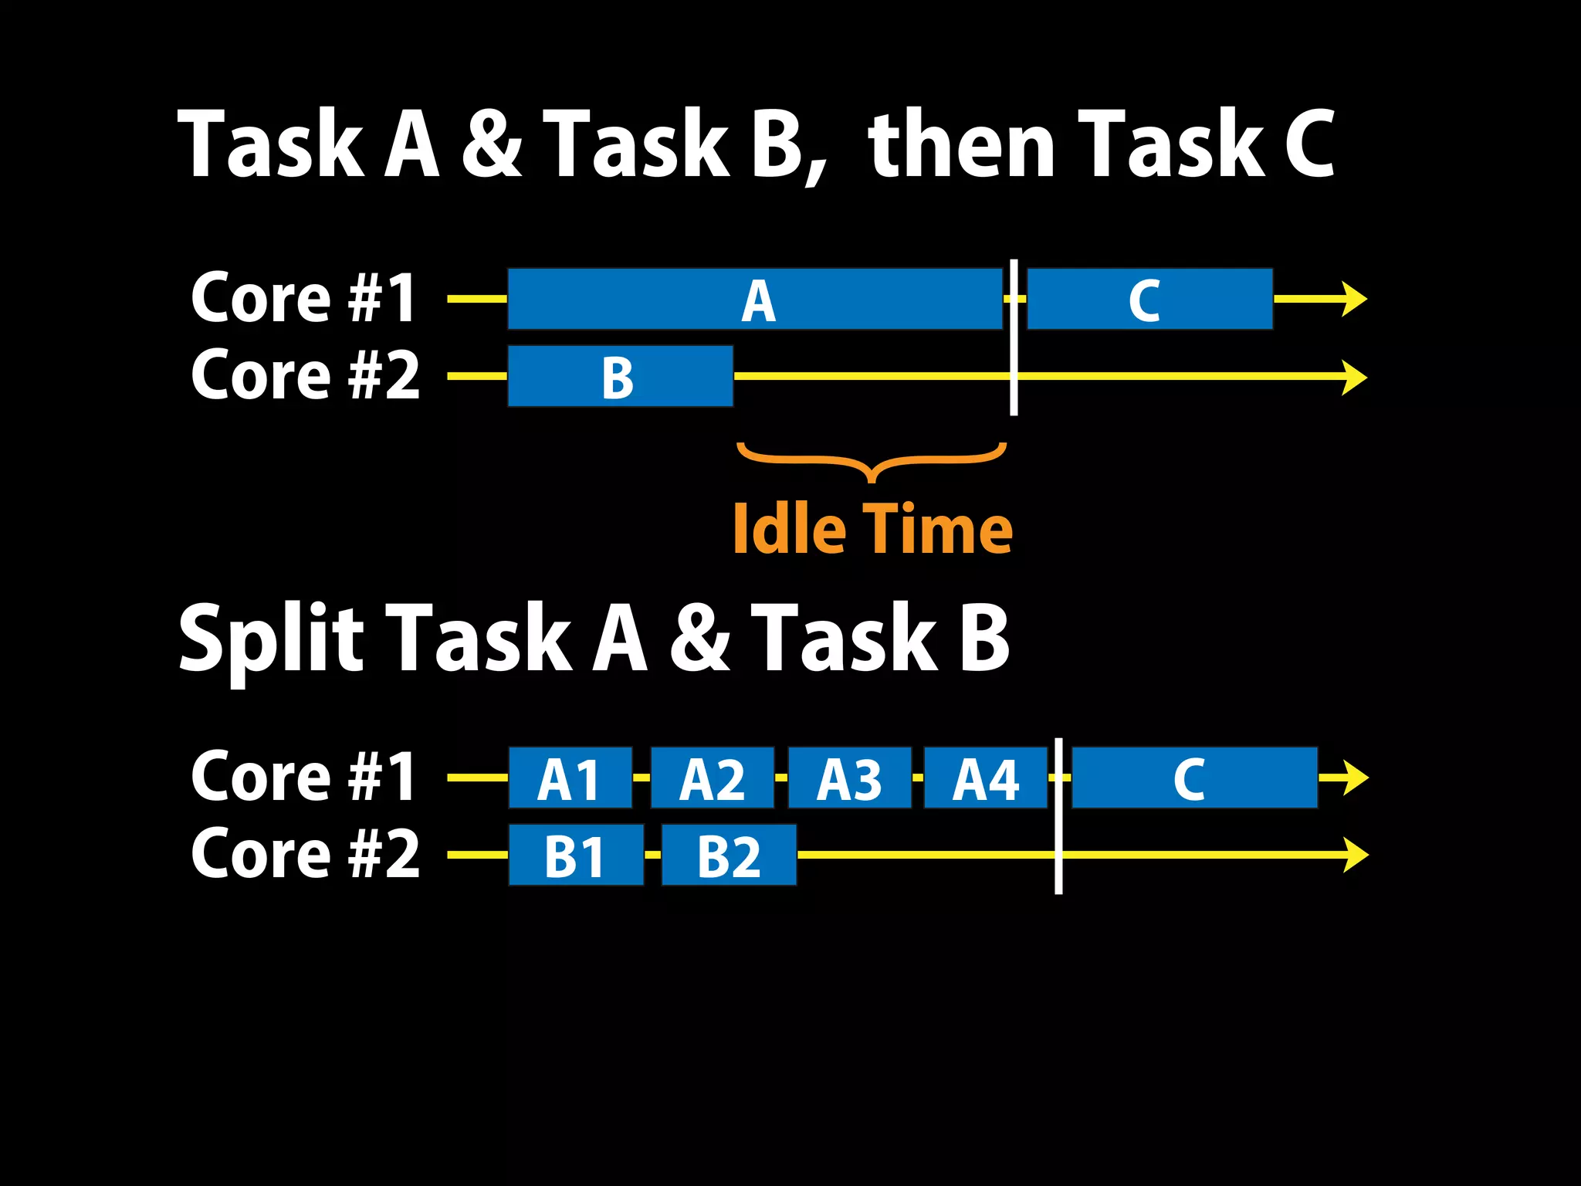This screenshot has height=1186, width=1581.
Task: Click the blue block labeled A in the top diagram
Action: (755, 300)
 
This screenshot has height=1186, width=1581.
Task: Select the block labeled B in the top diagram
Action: (620, 377)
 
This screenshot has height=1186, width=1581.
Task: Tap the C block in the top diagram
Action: (1149, 300)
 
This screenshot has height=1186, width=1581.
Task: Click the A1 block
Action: (570, 778)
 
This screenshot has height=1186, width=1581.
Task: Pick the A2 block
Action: (712, 778)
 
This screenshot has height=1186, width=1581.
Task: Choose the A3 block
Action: (849, 778)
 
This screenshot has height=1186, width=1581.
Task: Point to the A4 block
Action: (985, 778)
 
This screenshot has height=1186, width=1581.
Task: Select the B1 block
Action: (576, 856)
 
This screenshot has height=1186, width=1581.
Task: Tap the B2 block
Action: (729, 856)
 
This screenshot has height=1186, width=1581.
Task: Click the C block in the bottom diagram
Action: (1194, 778)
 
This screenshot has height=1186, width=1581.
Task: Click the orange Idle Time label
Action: (872, 530)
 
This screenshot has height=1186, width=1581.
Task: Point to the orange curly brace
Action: (872, 461)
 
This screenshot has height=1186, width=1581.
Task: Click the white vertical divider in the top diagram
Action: (1014, 338)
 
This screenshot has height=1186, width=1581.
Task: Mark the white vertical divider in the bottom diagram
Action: (1058, 817)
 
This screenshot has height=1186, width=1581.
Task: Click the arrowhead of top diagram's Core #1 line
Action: (1355, 300)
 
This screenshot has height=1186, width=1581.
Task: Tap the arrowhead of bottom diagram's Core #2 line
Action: (1356, 855)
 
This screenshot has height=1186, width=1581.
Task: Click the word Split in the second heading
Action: (270, 639)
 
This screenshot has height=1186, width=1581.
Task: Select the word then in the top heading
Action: (960, 145)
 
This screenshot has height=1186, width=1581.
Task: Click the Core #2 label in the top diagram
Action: (305, 376)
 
